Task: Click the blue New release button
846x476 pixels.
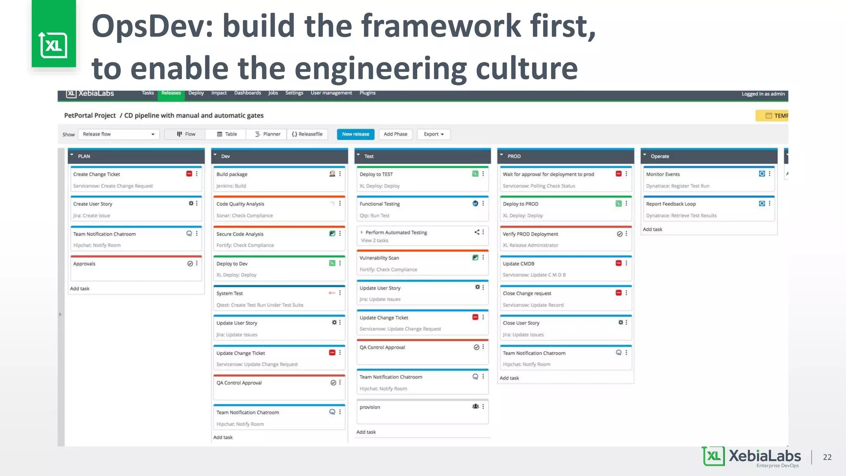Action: pyautogui.click(x=355, y=134)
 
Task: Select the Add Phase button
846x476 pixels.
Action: pyautogui.click(x=395, y=134)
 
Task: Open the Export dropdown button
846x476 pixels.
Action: pyautogui.click(x=433, y=134)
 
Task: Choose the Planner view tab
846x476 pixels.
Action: pyautogui.click(x=267, y=134)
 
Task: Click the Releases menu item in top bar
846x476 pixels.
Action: pyautogui.click(x=171, y=93)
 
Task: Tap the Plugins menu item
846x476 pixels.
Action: pyautogui.click(x=367, y=93)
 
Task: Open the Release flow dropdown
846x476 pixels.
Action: pyautogui.click(x=119, y=134)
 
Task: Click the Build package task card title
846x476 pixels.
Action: pyautogui.click(x=232, y=174)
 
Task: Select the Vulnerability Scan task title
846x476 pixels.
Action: pyautogui.click(x=379, y=258)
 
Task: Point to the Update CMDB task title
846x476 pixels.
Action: pyautogui.click(x=518, y=264)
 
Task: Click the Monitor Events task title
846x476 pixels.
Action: pyautogui.click(x=663, y=174)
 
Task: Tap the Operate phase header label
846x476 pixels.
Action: pyautogui.click(x=660, y=156)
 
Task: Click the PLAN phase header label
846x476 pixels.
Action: pyautogui.click(x=84, y=156)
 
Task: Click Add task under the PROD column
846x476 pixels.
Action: pyautogui.click(x=509, y=378)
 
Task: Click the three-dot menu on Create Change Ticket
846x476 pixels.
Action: pyautogui.click(x=197, y=174)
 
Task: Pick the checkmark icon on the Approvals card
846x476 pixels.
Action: pyautogui.click(x=190, y=264)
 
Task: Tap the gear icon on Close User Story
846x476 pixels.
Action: pyautogui.click(x=620, y=322)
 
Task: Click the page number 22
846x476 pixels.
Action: pyautogui.click(x=827, y=457)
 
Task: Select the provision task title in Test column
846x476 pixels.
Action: pyautogui.click(x=370, y=407)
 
